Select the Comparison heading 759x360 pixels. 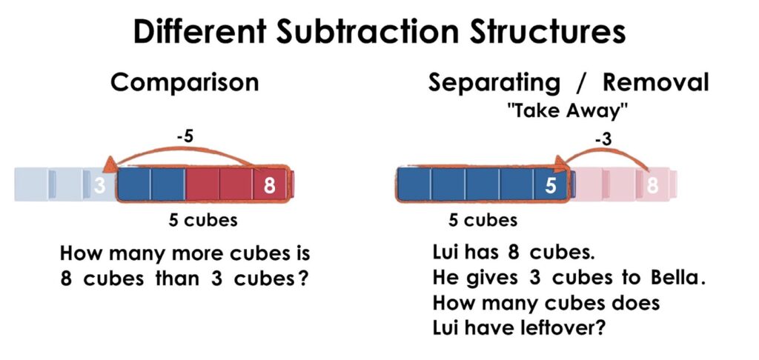(185, 83)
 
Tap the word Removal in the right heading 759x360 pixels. (655, 83)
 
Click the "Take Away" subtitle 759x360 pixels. (568, 111)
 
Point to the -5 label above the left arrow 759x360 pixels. (185, 137)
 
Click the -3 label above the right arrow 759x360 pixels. (603, 139)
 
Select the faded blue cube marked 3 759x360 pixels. (99, 184)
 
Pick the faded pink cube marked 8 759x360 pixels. (654, 185)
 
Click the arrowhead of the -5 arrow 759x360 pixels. (110, 164)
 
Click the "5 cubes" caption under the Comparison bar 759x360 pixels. (203, 221)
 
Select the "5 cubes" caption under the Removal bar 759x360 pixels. (483, 221)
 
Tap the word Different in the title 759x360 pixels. (199, 33)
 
